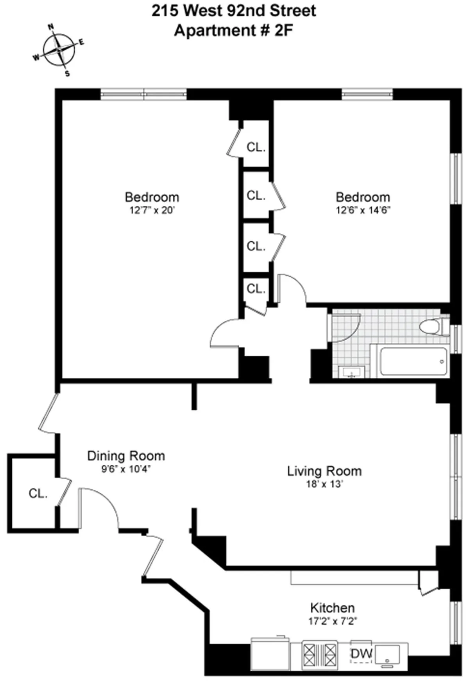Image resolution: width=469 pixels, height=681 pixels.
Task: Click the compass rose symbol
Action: (59, 50)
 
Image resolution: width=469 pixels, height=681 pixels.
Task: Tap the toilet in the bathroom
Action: (434, 326)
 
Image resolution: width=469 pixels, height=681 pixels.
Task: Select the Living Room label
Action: (324, 471)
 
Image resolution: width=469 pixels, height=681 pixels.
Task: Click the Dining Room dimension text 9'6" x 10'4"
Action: (126, 469)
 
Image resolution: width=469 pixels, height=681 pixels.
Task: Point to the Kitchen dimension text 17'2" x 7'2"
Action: (332, 621)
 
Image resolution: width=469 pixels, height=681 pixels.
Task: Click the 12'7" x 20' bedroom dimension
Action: (152, 210)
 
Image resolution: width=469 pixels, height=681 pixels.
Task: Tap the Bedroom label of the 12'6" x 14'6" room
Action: (363, 197)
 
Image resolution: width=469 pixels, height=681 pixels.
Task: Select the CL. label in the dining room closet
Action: (38, 494)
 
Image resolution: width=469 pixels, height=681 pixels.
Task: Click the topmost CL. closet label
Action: (256, 147)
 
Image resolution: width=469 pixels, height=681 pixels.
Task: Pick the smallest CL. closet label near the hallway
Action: (256, 289)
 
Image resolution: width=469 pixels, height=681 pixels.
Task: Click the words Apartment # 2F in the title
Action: (233, 30)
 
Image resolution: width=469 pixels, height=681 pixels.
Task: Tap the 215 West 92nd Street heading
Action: (233, 11)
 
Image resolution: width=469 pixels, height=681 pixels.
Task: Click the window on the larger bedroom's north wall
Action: (143, 94)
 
